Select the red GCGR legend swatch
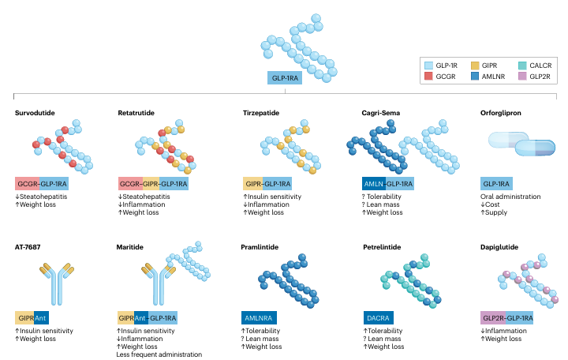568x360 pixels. pos(429,77)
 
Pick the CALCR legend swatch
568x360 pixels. pos(526,66)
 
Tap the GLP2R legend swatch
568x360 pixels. pos(526,77)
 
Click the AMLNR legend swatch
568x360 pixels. pos(476,77)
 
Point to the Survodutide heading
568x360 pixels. pos(35,113)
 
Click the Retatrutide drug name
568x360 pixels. pos(136,113)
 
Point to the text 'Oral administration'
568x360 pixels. pos(510,197)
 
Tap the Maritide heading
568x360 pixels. pos(131,247)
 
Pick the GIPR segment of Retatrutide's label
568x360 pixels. pos(151,184)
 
